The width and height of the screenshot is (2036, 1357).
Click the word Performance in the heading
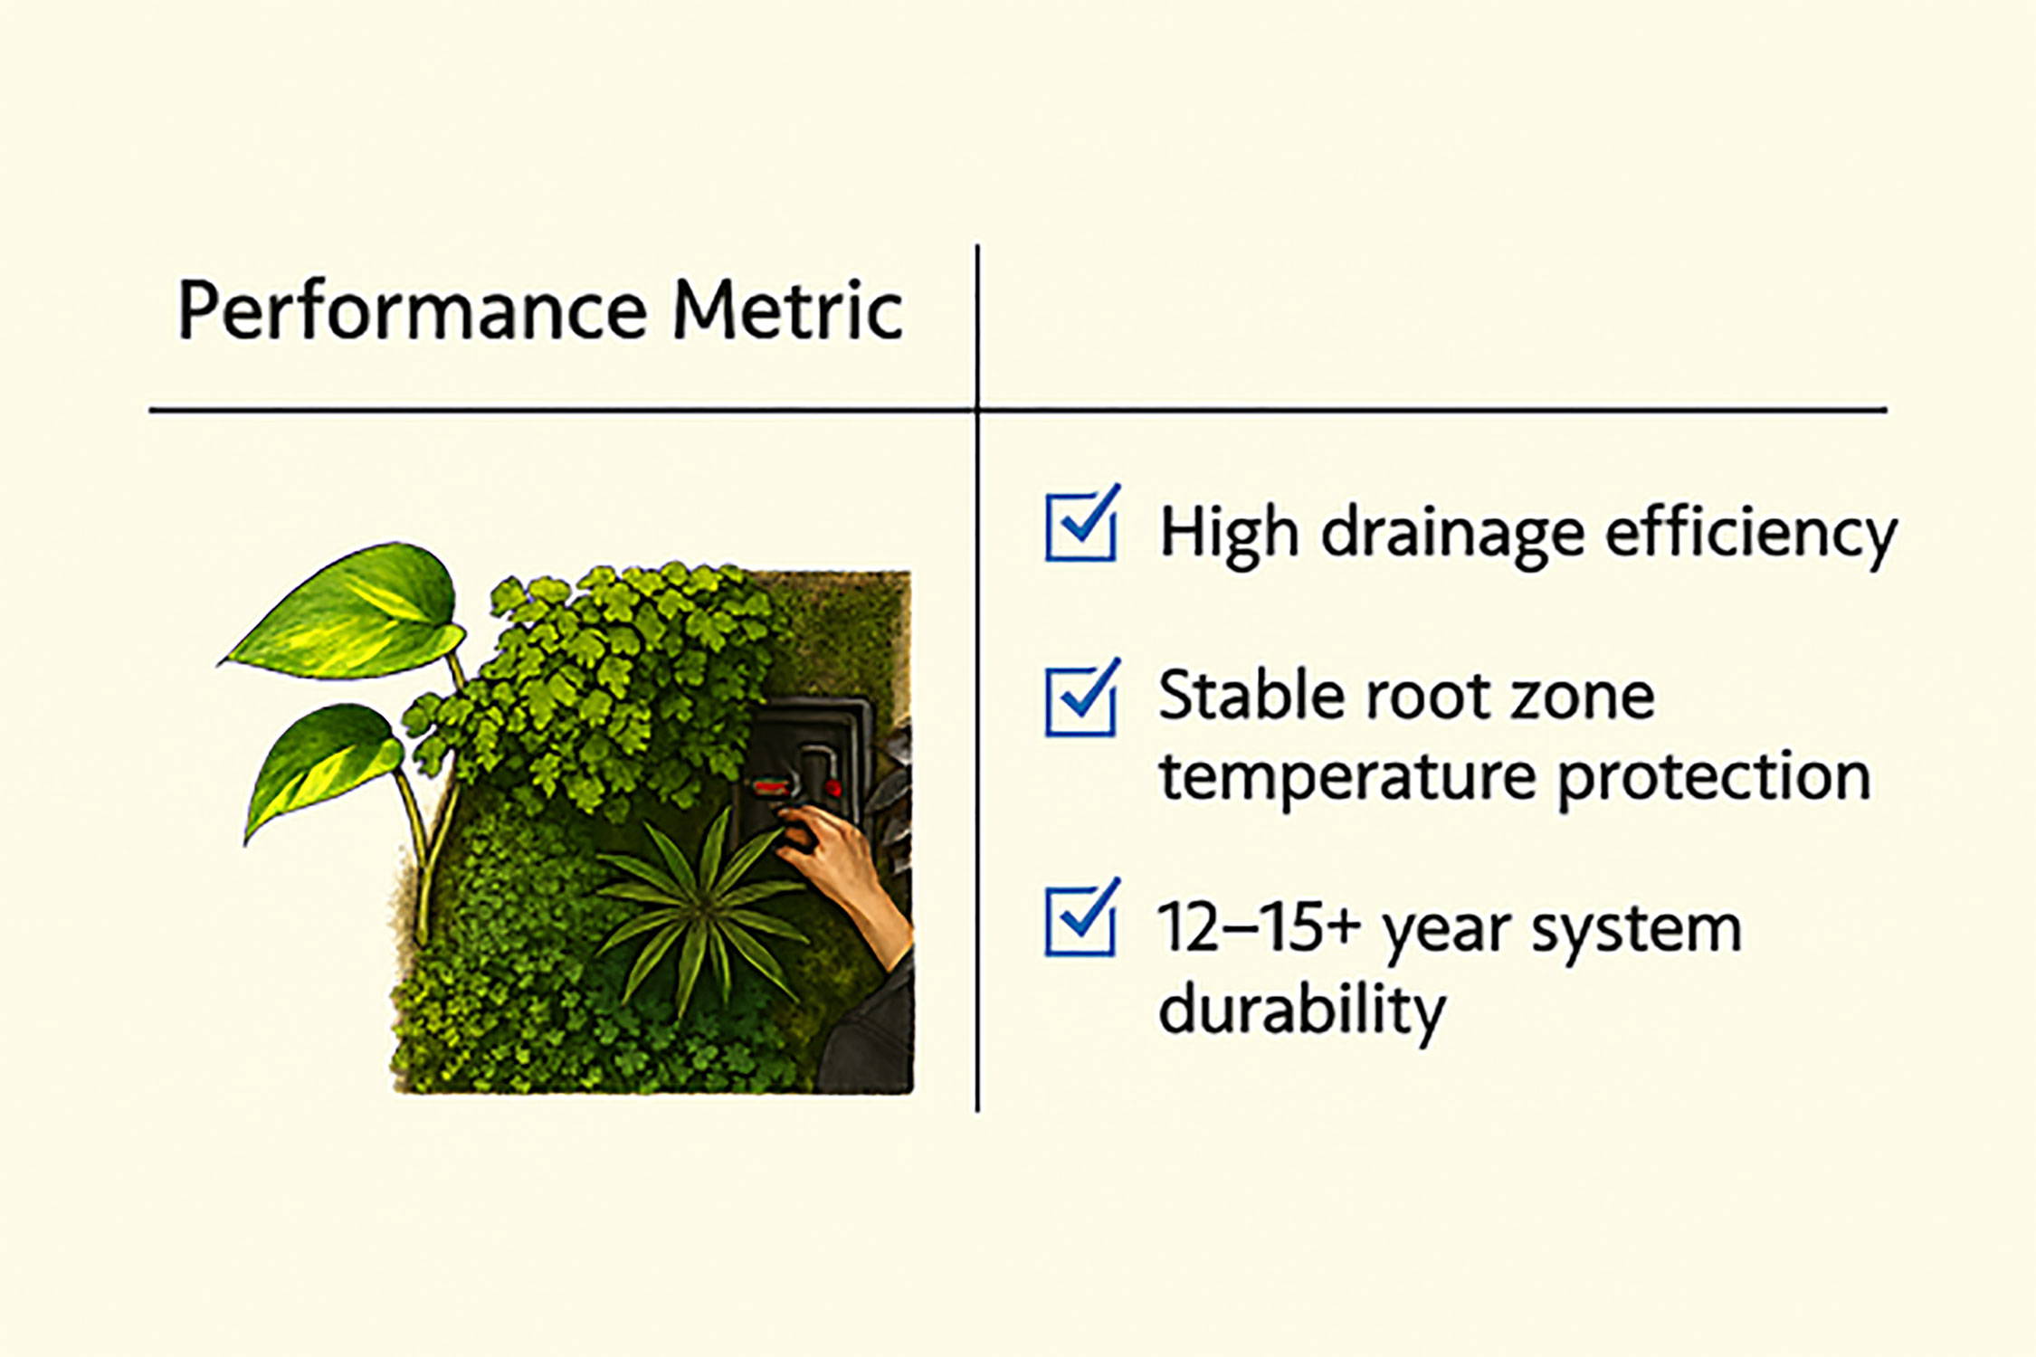412,311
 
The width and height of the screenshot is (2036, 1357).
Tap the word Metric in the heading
787,309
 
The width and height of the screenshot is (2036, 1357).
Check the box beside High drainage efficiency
1081,524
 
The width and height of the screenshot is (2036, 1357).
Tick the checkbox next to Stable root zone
1081,697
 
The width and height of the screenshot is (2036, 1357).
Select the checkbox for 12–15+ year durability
1081,917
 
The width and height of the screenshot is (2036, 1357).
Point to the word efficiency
1751,535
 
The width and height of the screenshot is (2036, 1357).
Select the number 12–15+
1260,927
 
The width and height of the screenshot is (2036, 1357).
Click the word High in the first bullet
1230,535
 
